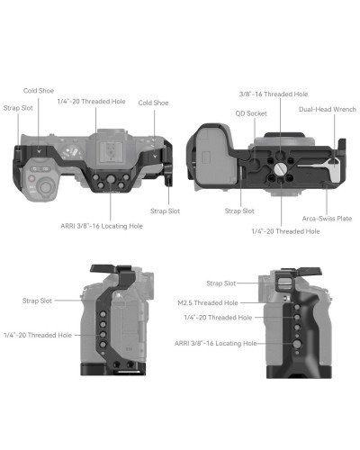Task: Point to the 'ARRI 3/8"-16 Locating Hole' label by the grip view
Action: (x=208, y=344)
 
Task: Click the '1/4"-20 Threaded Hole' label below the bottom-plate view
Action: (x=284, y=231)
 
